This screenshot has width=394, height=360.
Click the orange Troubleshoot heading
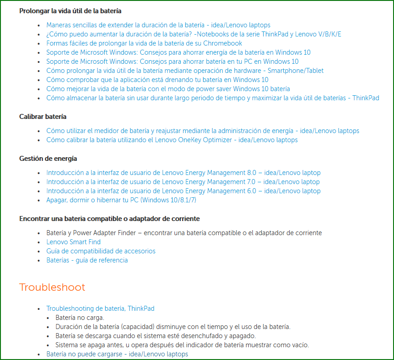(52, 288)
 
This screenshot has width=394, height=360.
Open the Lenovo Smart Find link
(73, 242)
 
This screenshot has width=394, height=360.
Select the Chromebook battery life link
(144, 43)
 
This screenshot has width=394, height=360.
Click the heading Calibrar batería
(43, 117)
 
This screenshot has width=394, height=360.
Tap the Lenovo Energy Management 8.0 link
(183, 173)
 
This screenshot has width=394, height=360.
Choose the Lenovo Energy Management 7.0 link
(183, 182)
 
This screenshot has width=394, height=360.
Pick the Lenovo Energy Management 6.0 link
(183, 191)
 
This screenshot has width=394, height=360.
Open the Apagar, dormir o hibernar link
(121, 200)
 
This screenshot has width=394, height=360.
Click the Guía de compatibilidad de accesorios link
(101, 251)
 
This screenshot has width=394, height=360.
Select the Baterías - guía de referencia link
(87, 260)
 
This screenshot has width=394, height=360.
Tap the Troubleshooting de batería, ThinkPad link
(100, 309)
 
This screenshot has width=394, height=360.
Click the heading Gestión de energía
(48, 159)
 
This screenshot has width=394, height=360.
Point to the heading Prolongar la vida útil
(70, 10)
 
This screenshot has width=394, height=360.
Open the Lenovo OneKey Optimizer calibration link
(172, 140)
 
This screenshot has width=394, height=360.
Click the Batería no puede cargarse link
(117, 354)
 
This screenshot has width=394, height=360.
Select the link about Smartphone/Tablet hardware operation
(185, 71)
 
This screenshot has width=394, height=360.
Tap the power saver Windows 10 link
(168, 89)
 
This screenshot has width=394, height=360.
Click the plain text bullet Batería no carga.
(80, 318)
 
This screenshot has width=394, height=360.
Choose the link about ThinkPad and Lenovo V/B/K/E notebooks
(194, 34)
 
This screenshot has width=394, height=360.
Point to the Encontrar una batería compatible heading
(109, 219)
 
